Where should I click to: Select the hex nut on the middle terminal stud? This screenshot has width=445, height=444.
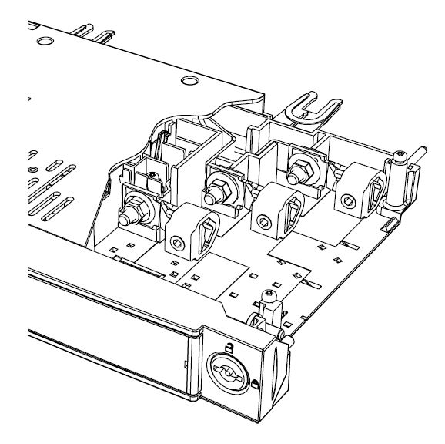pos(215,188)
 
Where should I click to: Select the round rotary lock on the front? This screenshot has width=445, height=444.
pos(229,375)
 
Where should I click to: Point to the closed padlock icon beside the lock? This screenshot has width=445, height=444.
pos(256,382)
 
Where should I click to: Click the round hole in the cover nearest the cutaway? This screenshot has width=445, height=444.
pos(187,80)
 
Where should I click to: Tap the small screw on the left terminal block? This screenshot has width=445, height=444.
pos(152,176)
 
